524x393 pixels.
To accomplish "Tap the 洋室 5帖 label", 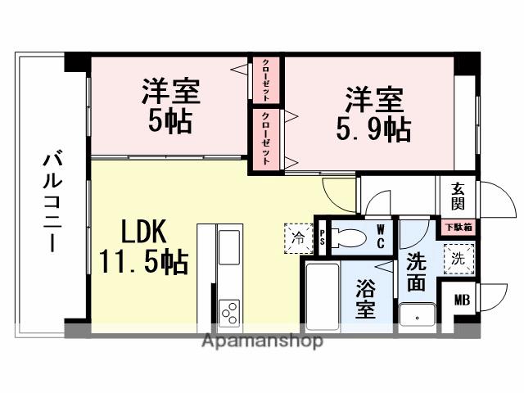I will coord(169,106).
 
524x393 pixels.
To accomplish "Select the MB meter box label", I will coord(462,300).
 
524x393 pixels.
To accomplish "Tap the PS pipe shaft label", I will coord(323,237).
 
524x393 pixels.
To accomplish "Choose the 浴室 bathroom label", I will coord(366,298).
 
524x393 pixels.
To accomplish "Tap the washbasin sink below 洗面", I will coord(418,314).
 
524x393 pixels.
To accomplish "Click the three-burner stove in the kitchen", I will coord(229,312).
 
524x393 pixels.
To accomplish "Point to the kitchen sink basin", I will coord(229,243).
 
